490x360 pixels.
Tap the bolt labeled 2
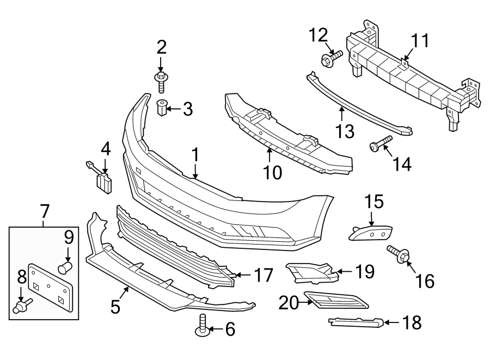[161, 81]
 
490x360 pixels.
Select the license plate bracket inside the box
[50, 286]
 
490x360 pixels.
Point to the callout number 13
[344, 131]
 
